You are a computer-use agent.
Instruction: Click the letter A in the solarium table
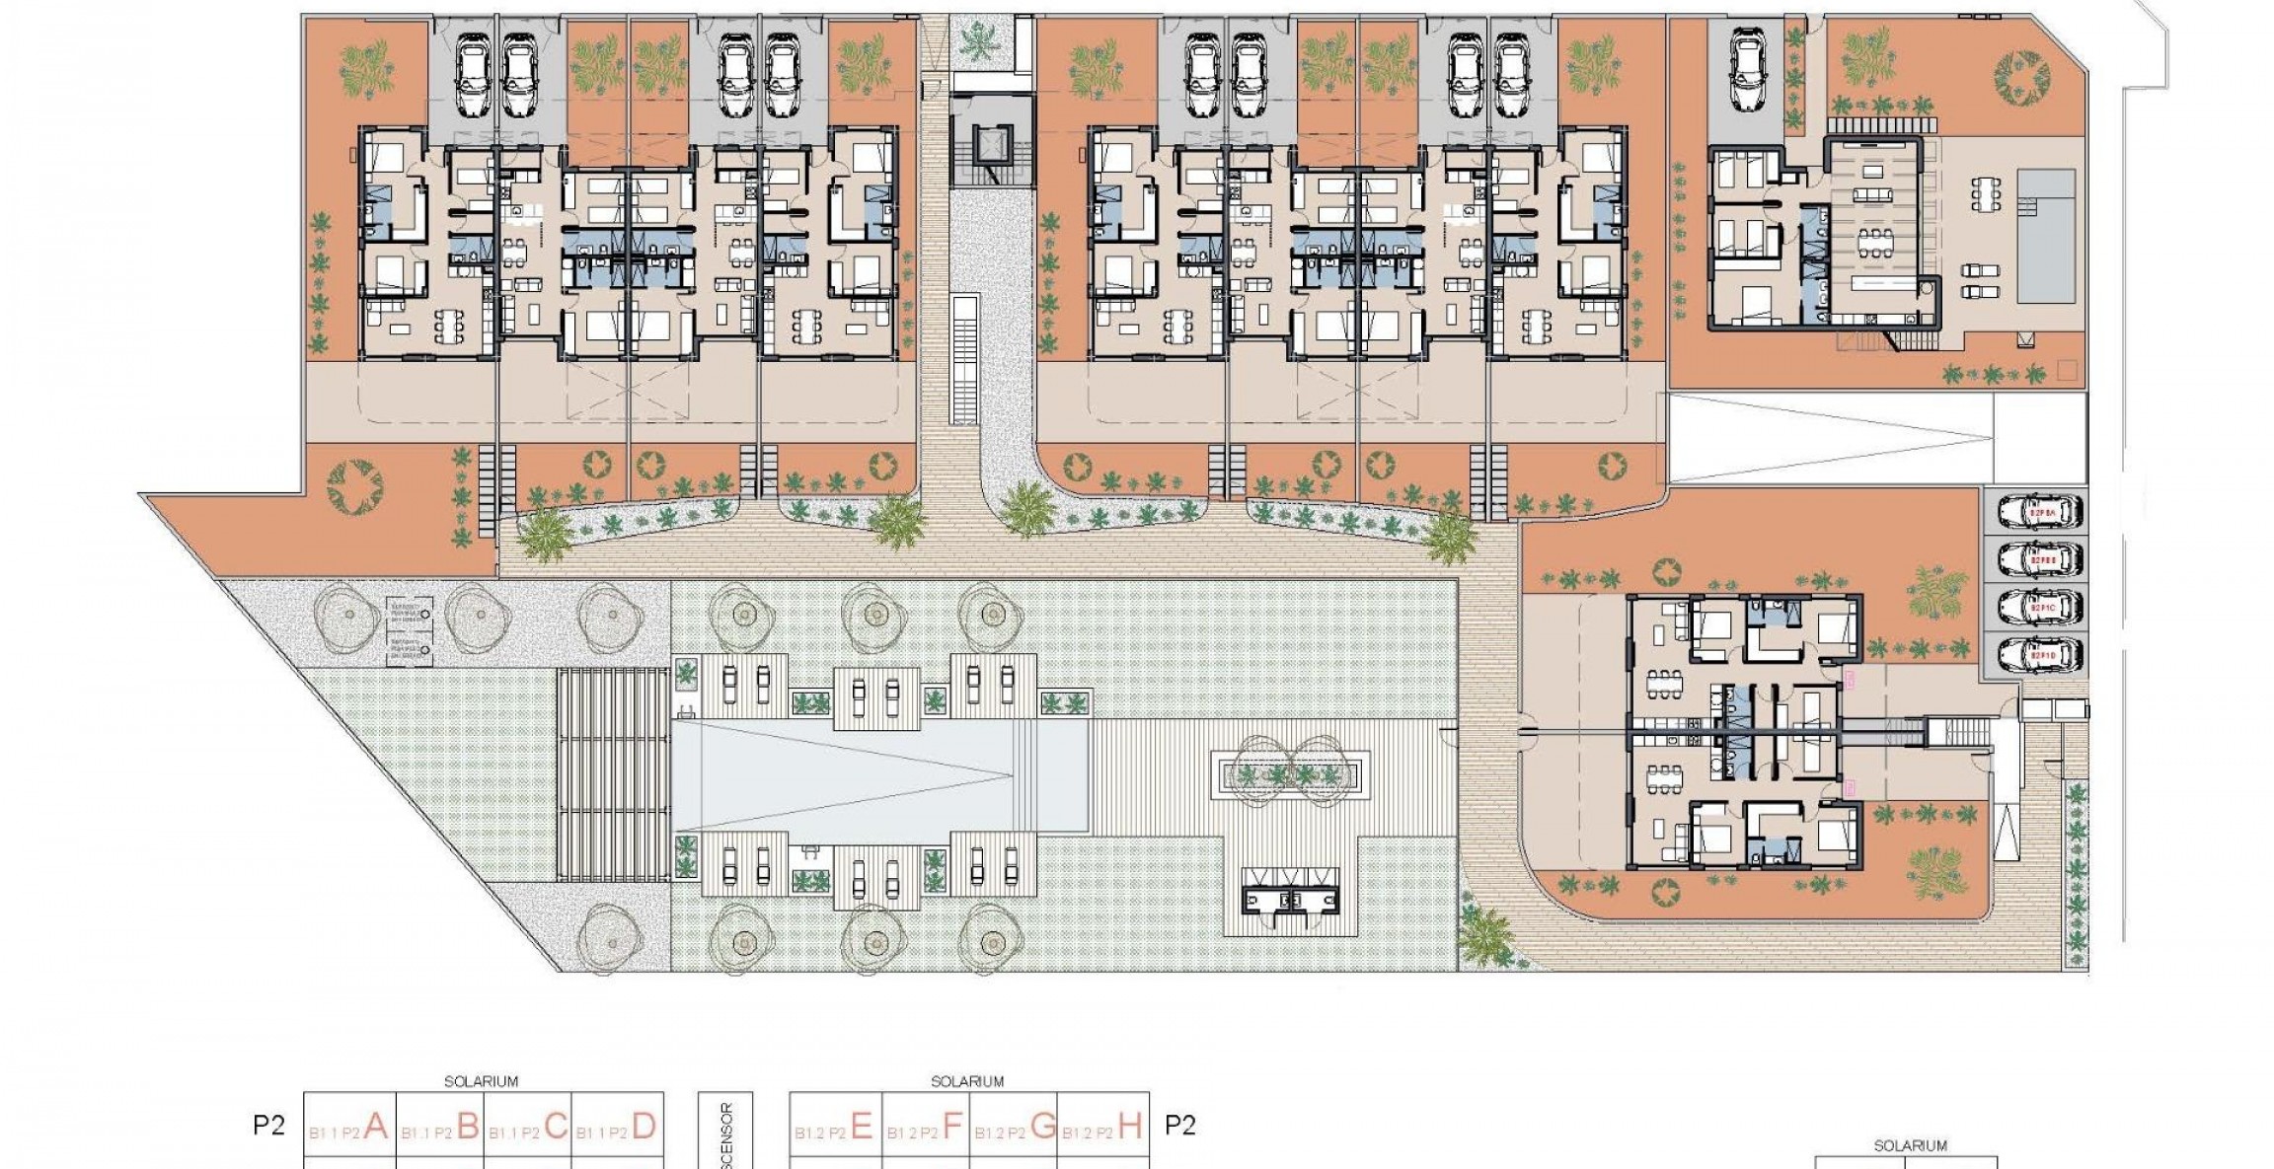point(375,1125)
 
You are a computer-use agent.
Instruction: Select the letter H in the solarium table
point(1131,1125)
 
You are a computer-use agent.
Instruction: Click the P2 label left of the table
point(268,1126)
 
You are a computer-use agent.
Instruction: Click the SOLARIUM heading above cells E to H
point(967,1081)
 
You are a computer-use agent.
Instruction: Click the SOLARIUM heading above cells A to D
point(481,1081)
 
